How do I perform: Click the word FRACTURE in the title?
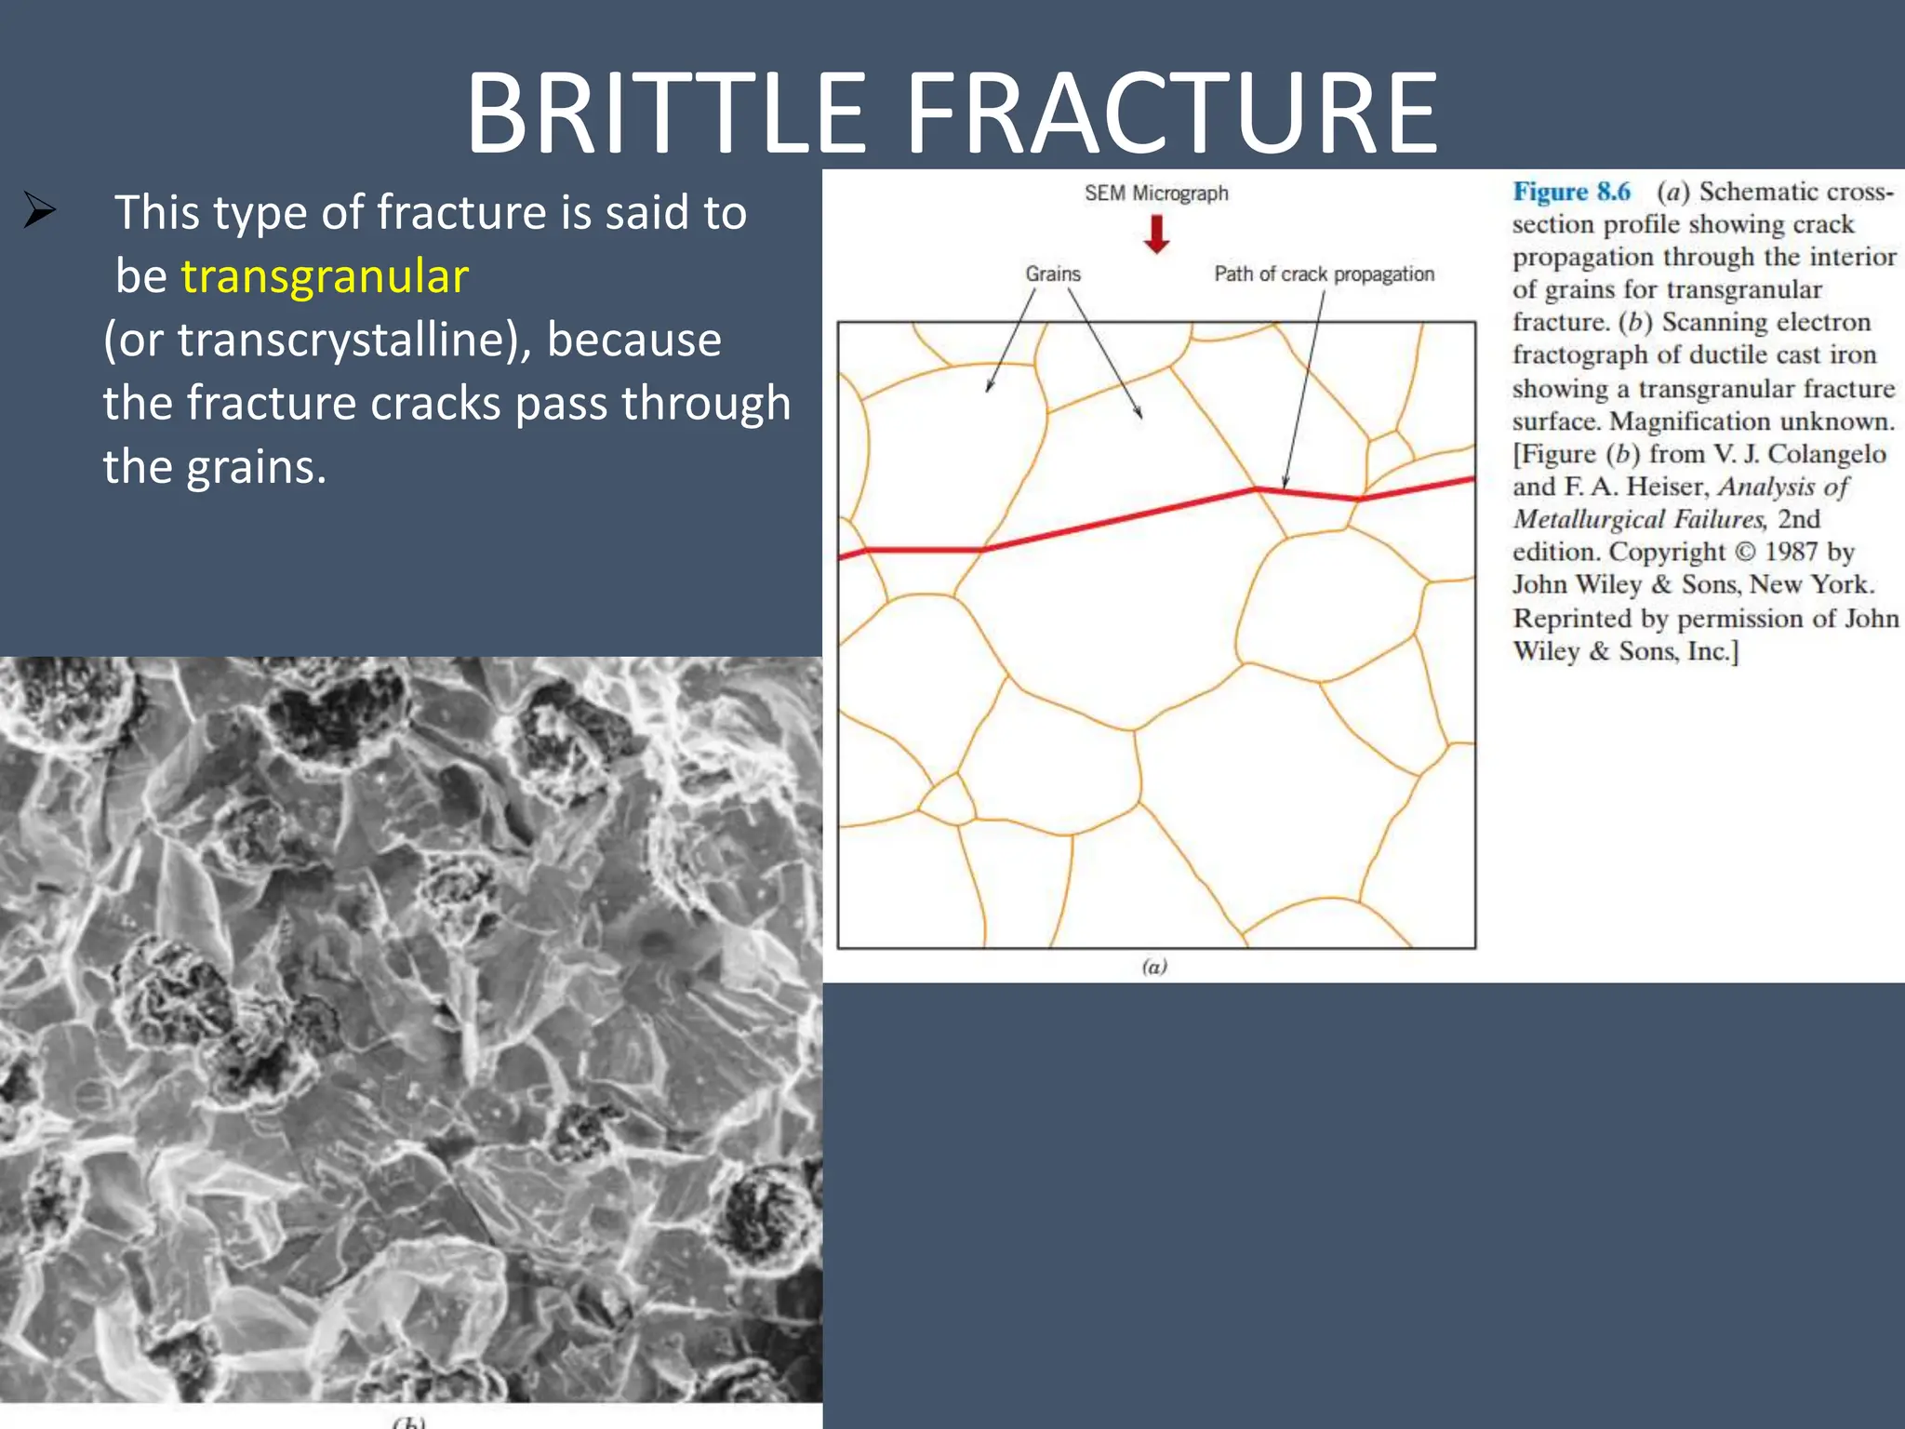pyautogui.click(x=1172, y=114)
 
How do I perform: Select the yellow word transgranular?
pyautogui.click(x=325, y=277)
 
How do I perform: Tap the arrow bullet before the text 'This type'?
pyautogui.click(x=40, y=210)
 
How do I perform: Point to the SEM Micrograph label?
pyautogui.click(x=1156, y=194)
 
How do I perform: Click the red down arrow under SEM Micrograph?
pyautogui.click(x=1156, y=234)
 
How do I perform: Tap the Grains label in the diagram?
pyautogui.click(x=1053, y=274)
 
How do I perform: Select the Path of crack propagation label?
pyautogui.click(x=1324, y=274)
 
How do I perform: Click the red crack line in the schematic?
pyautogui.click(x=1116, y=517)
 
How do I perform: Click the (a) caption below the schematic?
pyautogui.click(x=1154, y=967)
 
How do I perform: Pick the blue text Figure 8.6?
pyautogui.click(x=1571, y=192)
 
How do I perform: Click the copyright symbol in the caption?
pyautogui.click(x=1746, y=552)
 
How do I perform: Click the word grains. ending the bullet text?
pyautogui.click(x=256, y=467)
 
